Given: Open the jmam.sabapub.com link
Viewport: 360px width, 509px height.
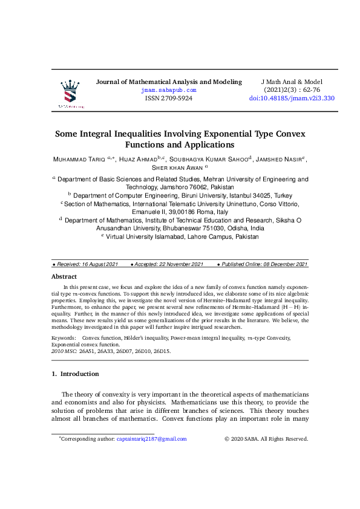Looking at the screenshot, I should click(169, 90).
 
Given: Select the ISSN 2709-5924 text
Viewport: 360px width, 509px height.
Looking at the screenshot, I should click(169, 98).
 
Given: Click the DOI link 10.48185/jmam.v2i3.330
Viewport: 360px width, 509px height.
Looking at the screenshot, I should click(292, 98).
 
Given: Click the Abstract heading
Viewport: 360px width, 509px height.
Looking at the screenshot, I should click(64, 276).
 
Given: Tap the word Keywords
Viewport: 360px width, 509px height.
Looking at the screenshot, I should click(64, 337).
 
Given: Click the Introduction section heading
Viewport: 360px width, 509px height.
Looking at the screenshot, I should click(80, 374).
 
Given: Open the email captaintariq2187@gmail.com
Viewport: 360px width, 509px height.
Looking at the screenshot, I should click(151, 439).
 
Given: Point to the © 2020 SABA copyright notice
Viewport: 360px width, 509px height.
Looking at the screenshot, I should click(266, 439).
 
